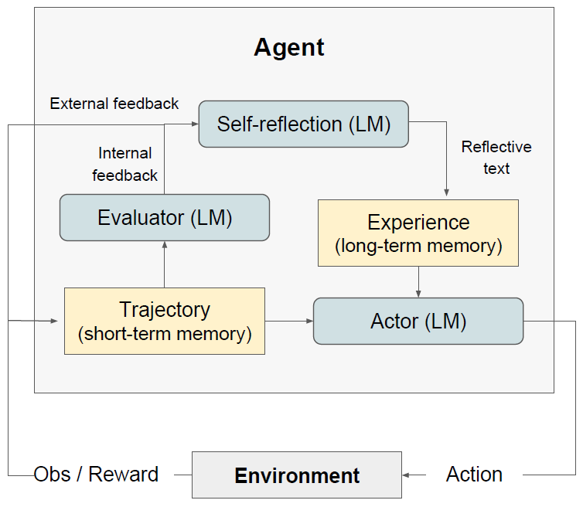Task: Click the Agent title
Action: [x=289, y=48]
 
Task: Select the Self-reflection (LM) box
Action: [x=304, y=124]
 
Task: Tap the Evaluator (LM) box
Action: [x=165, y=217]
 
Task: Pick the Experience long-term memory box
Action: [x=418, y=233]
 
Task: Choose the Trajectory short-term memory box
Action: [x=165, y=322]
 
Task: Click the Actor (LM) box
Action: [x=418, y=322]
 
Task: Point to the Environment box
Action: [x=297, y=475]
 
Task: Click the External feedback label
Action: [x=114, y=104]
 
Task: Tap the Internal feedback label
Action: [x=125, y=165]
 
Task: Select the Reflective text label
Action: [x=496, y=158]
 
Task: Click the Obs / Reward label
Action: [x=96, y=475]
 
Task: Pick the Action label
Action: [x=474, y=475]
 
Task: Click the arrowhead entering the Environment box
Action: [x=406, y=475]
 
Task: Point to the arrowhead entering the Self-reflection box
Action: [x=195, y=124]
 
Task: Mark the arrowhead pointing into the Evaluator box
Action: [x=165, y=244]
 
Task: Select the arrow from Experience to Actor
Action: [x=418, y=282]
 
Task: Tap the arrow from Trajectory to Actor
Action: [x=289, y=321]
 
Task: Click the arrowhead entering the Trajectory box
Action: [x=54, y=321]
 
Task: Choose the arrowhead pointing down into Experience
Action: [x=447, y=192]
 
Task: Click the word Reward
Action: [x=124, y=475]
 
